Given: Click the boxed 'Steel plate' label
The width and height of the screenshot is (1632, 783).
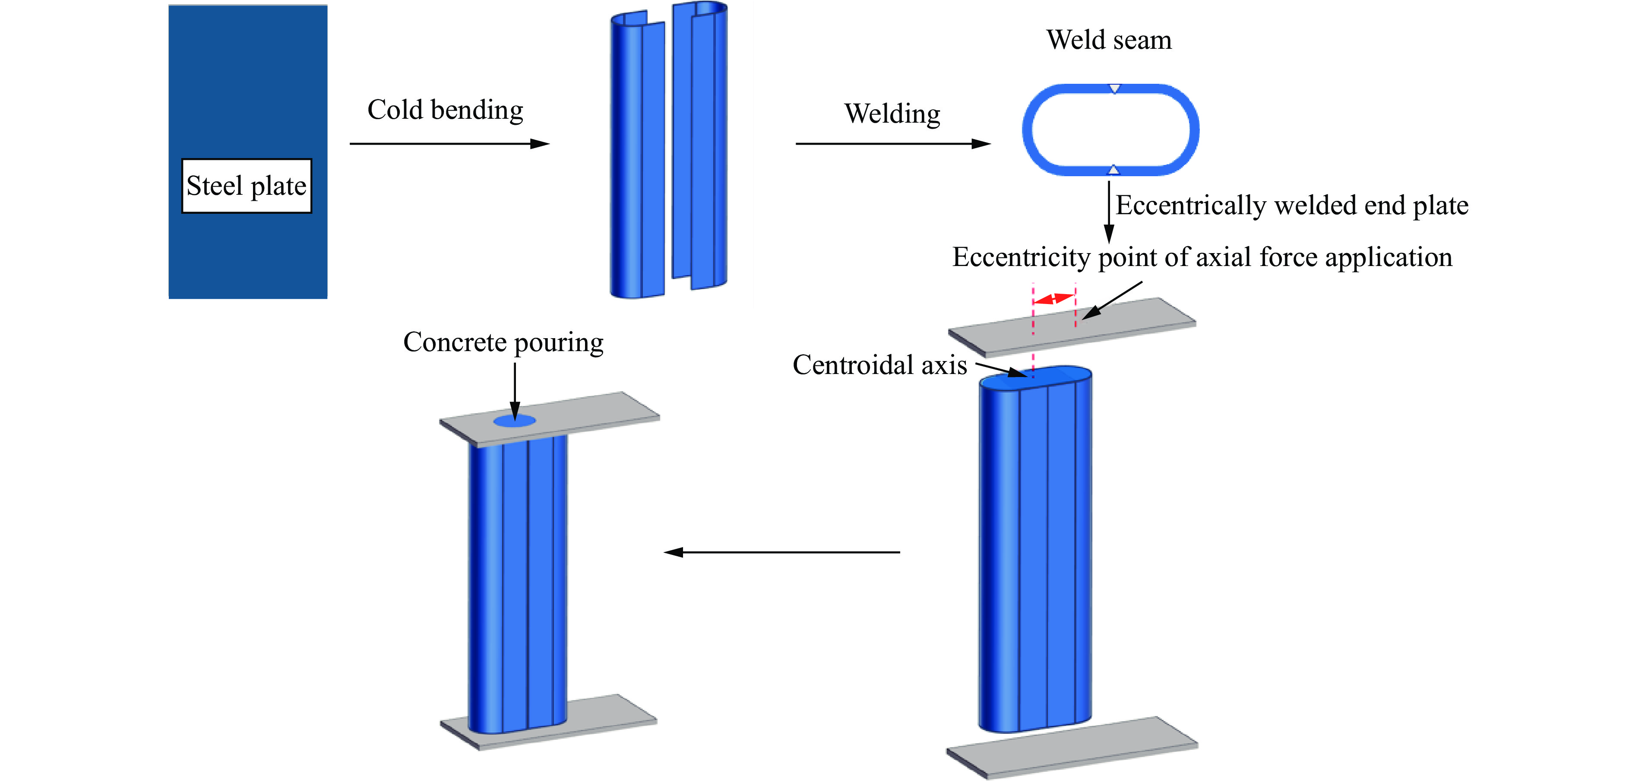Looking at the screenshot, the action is click(247, 186).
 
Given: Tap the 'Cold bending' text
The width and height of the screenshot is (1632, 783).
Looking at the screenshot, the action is click(446, 110).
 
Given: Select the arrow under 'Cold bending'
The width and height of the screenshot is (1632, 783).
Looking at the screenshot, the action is click(450, 144).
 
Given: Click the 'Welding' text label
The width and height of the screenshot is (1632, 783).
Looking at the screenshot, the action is click(892, 114).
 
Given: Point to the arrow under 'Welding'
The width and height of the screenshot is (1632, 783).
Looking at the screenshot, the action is click(893, 144).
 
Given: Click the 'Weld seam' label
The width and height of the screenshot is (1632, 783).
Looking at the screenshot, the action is click(1109, 40).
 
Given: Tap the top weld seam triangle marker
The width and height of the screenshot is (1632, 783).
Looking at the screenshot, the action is click(1114, 88).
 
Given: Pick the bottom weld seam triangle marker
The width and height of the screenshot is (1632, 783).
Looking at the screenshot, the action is click(1113, 170).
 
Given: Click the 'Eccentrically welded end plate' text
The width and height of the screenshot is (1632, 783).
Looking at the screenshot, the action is click(1292, 205).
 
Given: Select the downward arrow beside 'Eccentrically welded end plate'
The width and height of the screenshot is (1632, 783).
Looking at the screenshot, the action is click(1109, 212).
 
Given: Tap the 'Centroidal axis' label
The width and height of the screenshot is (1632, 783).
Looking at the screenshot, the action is click(879, 365).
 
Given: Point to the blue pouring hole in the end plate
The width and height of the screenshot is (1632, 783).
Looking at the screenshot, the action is click(515, 421).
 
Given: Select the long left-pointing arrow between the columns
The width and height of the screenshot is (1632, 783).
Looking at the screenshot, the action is click(782, 552).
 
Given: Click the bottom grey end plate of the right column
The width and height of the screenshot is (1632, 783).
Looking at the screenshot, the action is click(1072, 748).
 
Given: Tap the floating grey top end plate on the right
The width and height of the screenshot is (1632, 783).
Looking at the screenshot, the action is click(1072, 327).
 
